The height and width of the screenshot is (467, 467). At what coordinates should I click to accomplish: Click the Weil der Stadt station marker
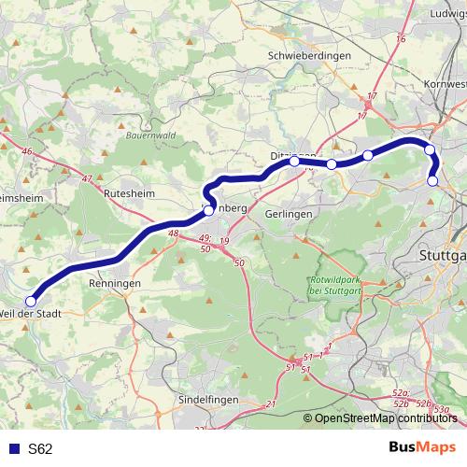click(31, 301)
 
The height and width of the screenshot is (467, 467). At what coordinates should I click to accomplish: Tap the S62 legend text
click(40, 448)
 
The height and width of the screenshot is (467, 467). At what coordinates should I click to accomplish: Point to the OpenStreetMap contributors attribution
click(386, 418)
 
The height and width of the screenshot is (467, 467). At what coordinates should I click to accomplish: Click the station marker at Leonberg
click(209, 210)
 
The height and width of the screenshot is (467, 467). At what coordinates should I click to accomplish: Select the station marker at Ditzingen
click(294, 162)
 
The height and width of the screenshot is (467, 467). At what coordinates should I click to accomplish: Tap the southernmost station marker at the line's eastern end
click(432, 181)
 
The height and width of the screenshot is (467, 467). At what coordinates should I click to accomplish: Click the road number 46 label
click(27, 151)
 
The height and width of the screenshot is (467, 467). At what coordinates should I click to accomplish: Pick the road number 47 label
click(87, 178)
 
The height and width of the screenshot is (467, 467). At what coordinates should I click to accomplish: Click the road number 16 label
click(402, 38)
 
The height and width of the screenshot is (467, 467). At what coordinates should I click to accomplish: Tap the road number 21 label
click(272, 403)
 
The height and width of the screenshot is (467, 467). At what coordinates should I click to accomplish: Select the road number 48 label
click(172, 233)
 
